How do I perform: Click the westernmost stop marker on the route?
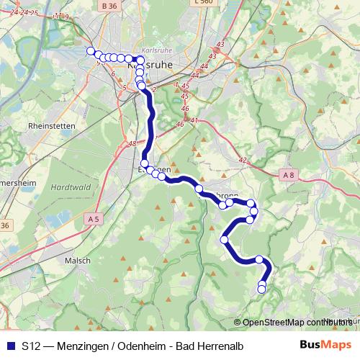pos(91,51)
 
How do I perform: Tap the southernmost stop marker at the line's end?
pos(261,289)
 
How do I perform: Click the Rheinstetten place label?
pos(51,125)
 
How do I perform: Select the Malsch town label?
pos(77,260)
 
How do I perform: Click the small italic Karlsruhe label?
pos(157,51)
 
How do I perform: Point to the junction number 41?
pos(194,120)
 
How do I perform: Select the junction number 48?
pos(132,143)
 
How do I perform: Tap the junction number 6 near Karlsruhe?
pos(113,73)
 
